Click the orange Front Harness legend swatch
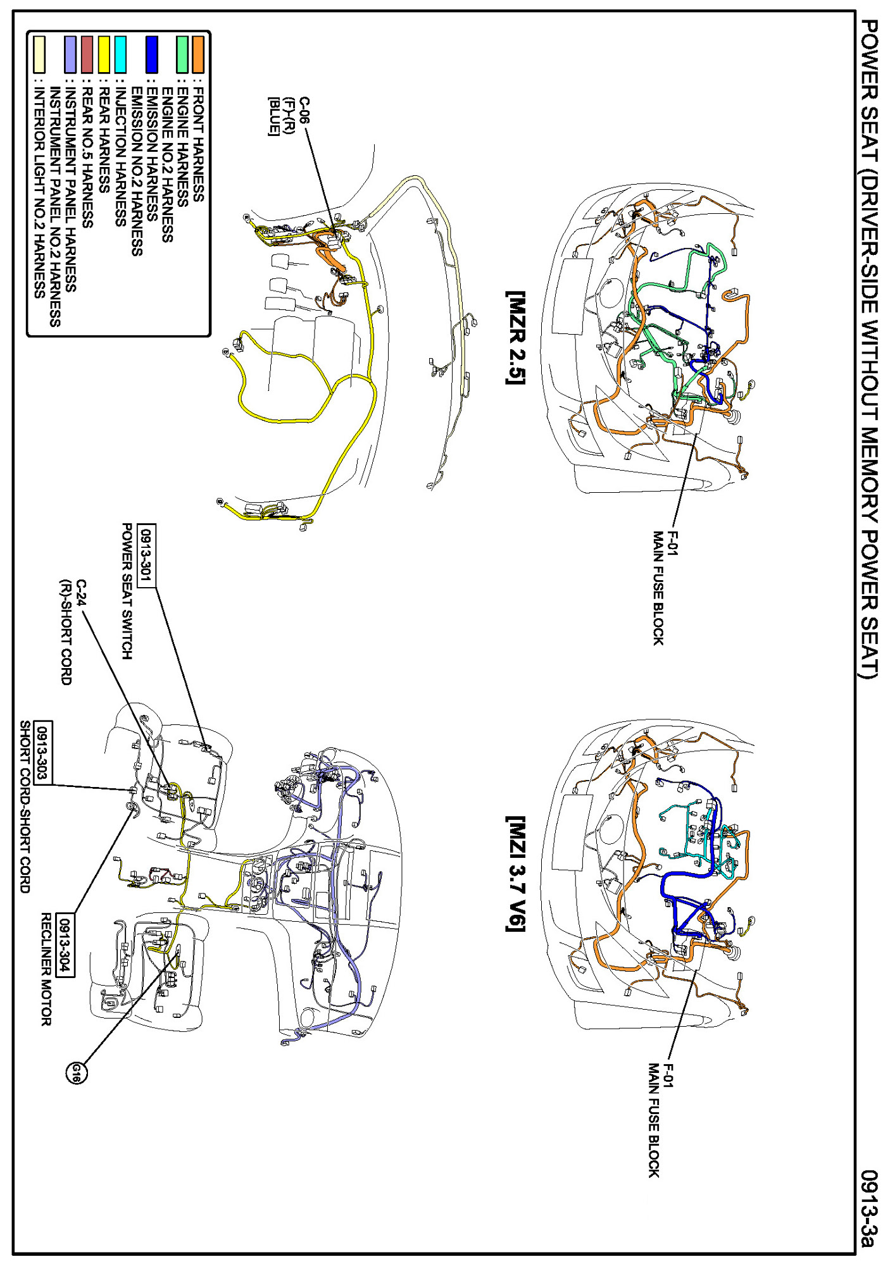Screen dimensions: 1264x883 click(198, 54)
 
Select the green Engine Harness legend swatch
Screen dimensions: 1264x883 click(183, 54)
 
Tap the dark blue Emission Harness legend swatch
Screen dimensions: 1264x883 click(151, 54)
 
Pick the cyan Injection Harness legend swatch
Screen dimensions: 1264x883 click(120, 54)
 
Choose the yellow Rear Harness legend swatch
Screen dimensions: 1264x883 click(104, 54)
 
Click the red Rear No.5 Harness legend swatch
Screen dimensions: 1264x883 click(87, 54)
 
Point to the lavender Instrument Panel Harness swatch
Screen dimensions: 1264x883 click(71, 54)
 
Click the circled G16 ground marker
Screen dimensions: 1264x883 click(77, 1073)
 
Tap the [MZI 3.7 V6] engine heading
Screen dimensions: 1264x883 click(516, 873)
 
